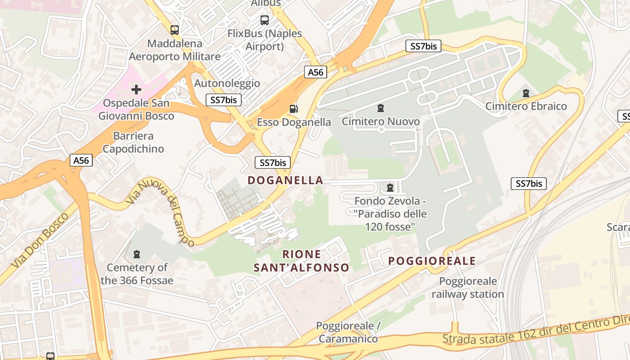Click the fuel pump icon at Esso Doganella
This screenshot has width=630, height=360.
click(x=293, y=108)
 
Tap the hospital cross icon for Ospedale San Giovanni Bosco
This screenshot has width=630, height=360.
click(x=136, y=89)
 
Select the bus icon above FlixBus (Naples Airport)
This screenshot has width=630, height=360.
click(x=265, y=20)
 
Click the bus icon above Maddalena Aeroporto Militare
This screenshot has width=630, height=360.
click(x=175, y=30)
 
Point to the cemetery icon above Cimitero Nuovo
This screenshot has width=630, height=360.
click(x=381, y=108)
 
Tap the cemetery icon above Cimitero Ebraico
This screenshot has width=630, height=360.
click(x=526, y=93)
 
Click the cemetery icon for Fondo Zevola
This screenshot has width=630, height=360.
click(x=390, y=187)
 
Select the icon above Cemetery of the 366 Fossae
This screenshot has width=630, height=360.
click(x=137, y=254)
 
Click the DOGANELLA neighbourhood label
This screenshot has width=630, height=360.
click(x=285, y=180)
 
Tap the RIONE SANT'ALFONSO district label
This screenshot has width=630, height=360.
click(x=301, y=261)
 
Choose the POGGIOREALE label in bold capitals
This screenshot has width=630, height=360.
click(x=432, y=261)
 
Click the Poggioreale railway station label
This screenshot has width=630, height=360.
click(x=468, y=288)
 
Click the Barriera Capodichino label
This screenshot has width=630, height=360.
click(x=133, y=142)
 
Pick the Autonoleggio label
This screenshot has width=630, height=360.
click(x=227, y=83)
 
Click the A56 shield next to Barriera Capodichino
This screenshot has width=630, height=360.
click(x=81, y=160)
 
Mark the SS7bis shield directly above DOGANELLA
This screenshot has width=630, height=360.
click(x=272, y=162)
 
